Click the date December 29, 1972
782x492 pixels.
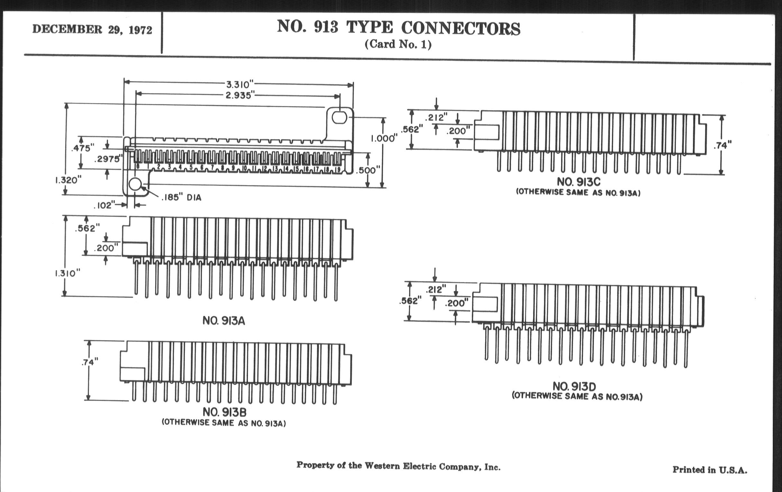[x=92, y=30]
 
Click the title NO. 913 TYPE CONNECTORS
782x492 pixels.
[x=398, y=28]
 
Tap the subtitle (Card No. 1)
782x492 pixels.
[x=398, y=44]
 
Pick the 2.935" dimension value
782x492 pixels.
[x=239, y=96]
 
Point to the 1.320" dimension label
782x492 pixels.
[x=68, y=180]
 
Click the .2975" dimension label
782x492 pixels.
[x=108, y=159]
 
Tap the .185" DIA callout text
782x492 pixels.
[x=182, y=197]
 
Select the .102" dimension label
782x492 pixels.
[x=105, y=205]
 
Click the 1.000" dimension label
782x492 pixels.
[x=384, y=139]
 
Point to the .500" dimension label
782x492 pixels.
[x=368, y=170]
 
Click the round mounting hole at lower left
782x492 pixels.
[x=135, y=184]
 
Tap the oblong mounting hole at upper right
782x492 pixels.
[x=340, y=117]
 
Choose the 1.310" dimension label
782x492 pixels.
[x=67, y=273]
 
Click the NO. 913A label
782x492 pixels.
[x=224, y=321]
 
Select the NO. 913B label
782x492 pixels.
[x=224, y=412]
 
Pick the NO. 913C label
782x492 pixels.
[x=579, y=182]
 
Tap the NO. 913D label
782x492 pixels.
[x=575, y=387]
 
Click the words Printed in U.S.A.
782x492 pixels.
[x=710, y=470]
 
